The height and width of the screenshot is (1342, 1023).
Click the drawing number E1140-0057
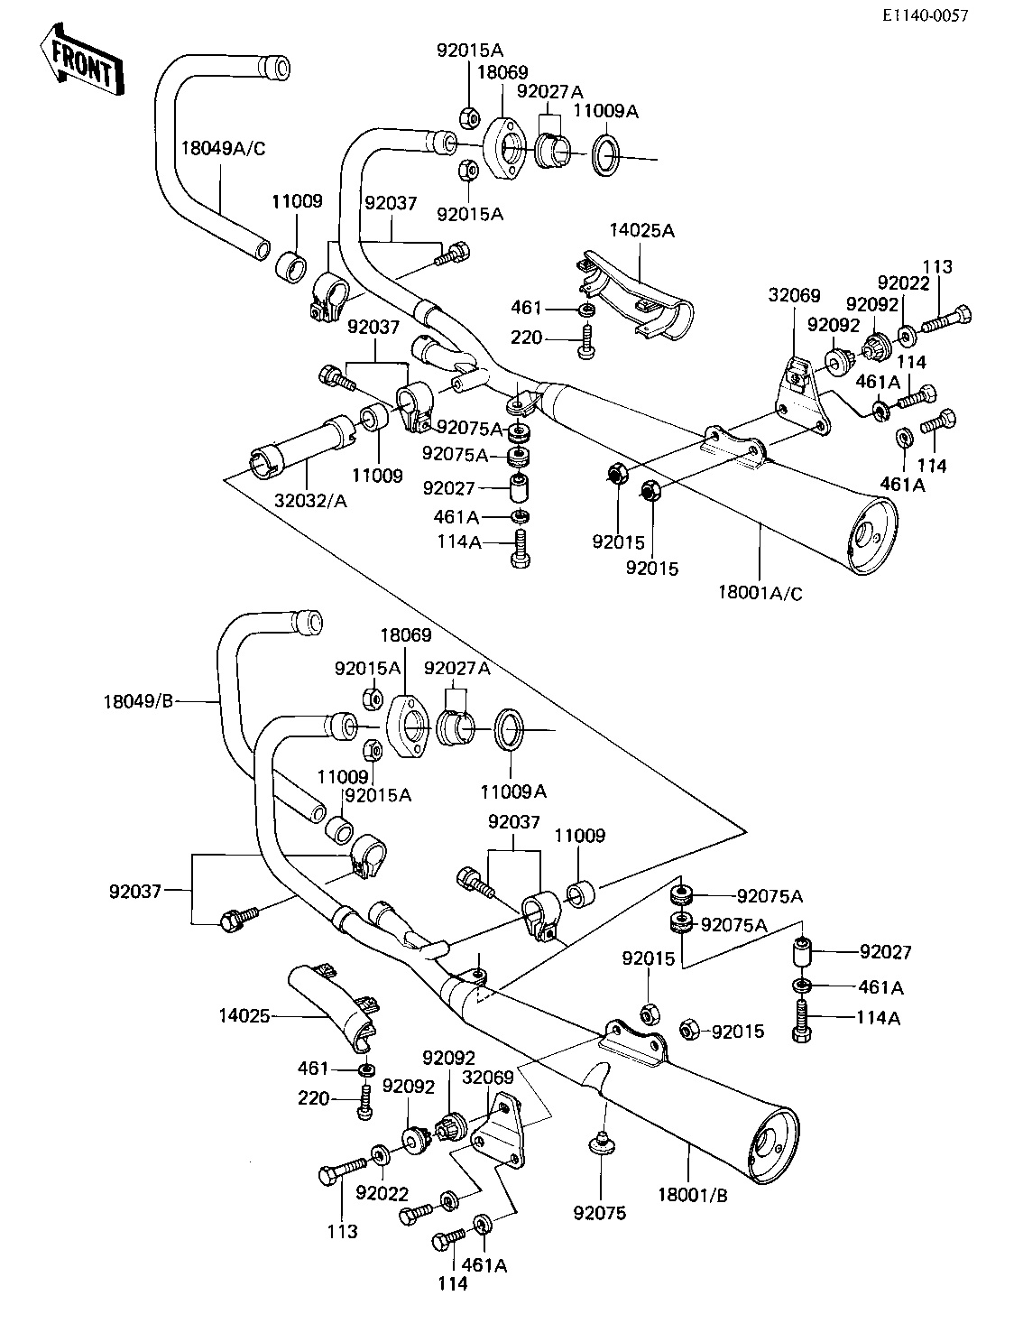[x=925, y=15]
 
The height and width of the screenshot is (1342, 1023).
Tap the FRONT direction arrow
[x=82, y=60]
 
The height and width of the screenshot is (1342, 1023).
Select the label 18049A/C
[x=224, y=148]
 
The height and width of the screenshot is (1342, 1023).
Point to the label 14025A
[x=641, y=230]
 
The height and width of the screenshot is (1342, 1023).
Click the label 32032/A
[x=310, y=501]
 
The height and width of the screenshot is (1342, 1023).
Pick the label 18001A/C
[x=760, y=592]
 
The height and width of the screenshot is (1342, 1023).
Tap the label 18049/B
[x=139, y=701]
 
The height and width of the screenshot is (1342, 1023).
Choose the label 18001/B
[x=693, y=1195]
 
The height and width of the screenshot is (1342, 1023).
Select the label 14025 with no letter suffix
[x=244, y=1016]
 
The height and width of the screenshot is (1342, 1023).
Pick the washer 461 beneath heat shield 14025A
[x=586, y=310]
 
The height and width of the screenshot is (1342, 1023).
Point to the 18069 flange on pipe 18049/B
[x=409, y=727]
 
